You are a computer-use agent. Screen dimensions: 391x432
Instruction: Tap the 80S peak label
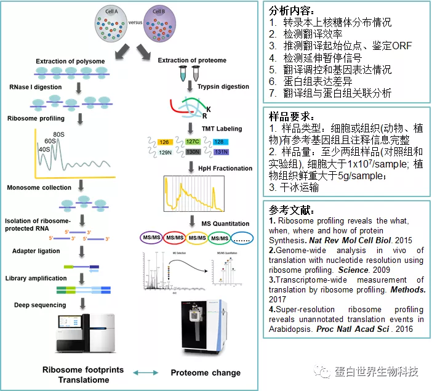click(60, 135)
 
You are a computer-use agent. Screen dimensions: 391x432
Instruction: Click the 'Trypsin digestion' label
click(223, 87)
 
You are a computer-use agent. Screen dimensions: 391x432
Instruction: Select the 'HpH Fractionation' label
click(224, 168)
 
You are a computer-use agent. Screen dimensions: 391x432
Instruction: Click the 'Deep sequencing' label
click(40, 305)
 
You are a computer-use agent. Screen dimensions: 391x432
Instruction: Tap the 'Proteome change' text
click(206, 373)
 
